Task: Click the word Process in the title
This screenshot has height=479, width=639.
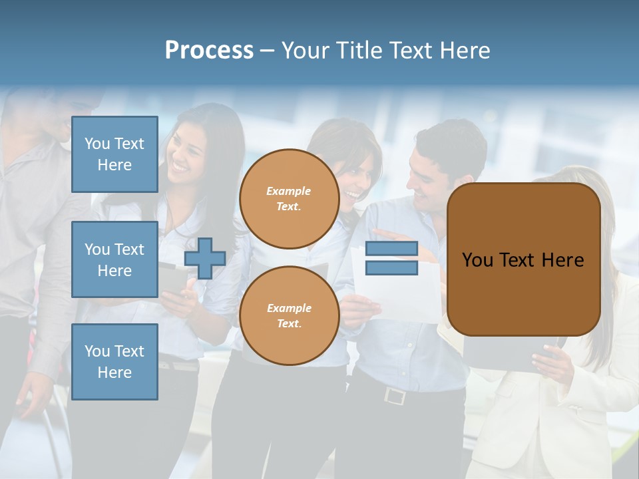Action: (x=209, y=51)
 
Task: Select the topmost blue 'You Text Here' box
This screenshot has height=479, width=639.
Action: (x=114, y=154)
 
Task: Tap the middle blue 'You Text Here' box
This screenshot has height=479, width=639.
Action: (x=114, y=259)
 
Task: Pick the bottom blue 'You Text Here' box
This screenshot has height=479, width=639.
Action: (x=114, y=361)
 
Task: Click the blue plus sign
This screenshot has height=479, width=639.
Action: (x=205, y=259)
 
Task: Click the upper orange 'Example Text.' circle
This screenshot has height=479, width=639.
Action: (x=289, y=199)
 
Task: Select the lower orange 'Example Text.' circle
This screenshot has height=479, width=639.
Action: (x=289, y=315)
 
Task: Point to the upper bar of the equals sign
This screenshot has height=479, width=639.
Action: (x=392, y=249)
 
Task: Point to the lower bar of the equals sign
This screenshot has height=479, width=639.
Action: (x=392, y=268)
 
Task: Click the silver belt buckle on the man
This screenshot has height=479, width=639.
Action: (x=395, y=396)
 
